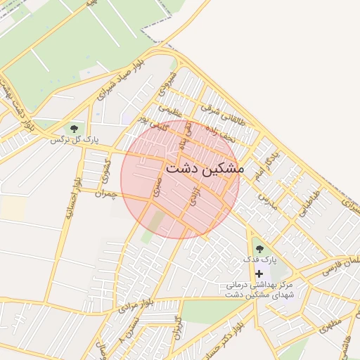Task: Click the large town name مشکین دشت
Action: pyautogui.click(x=205, y=169)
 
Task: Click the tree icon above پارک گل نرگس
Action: pyautogui.click(x=73, y=129)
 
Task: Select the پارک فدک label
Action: pyautogui.click(x=259, y=260)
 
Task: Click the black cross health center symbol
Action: pyautogui.click(x=259, y=273)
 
